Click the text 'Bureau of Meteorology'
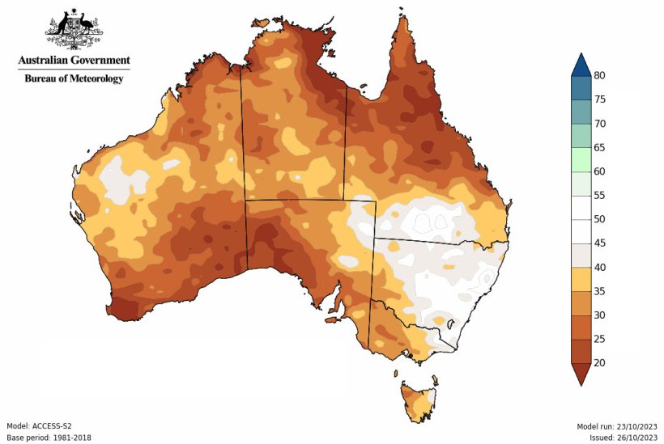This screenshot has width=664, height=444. click(74, 78)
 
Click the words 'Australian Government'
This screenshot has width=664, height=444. click(74, 60)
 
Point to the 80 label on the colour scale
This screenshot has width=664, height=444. click(599, 75)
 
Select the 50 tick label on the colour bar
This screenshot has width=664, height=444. click(599, 219)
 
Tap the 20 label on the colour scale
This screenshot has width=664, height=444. click(599, 363)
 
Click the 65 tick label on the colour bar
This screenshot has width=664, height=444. click(599, 147)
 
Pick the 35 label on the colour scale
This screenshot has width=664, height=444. click(599, 291)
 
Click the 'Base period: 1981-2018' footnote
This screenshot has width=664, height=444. click(49, 438)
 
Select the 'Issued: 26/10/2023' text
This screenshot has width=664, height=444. click(621, 438)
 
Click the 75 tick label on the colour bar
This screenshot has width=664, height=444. click(599, 99)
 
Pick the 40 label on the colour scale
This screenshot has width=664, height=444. click(599, 267)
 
